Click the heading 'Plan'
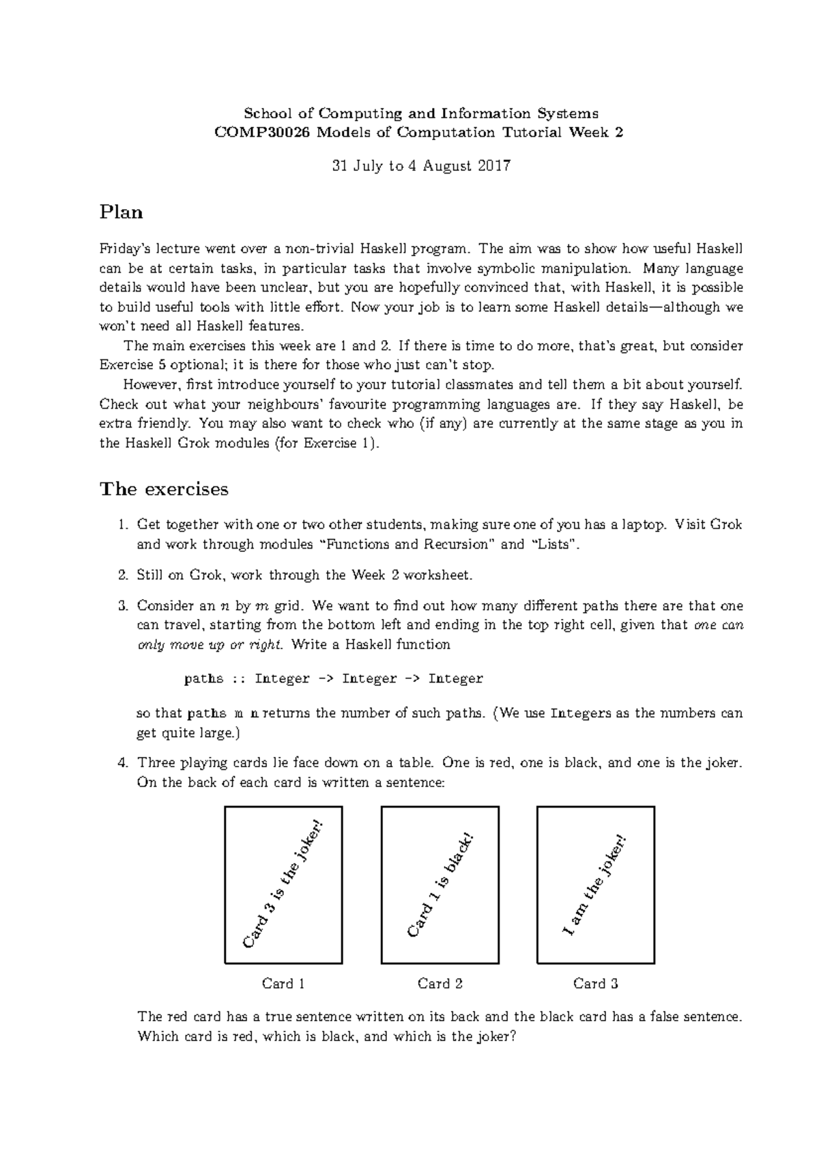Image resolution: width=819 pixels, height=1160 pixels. click(x=121, y=212)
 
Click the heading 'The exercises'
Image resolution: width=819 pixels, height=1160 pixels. click(x=164, y=489)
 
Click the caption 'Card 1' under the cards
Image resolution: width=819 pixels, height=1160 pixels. click(x=283, y=984)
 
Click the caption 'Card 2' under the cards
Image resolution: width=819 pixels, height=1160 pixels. click(x=440, y=984)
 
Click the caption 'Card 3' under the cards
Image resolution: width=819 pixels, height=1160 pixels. click(x=596, y=984)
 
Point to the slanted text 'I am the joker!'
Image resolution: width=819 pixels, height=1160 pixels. click(x=594, y=885)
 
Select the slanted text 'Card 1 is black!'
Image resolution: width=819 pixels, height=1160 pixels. click(x=440, y=885)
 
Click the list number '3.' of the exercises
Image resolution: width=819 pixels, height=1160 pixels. click(x=123, y=606)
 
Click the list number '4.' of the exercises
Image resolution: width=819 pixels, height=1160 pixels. click(x=123, y=762)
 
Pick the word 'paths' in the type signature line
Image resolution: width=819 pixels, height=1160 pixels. click(x=203, y=679)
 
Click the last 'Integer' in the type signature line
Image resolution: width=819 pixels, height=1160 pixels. click(x=455, y=679)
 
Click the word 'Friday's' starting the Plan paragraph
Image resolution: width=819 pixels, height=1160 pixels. click(x=124, y=249)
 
